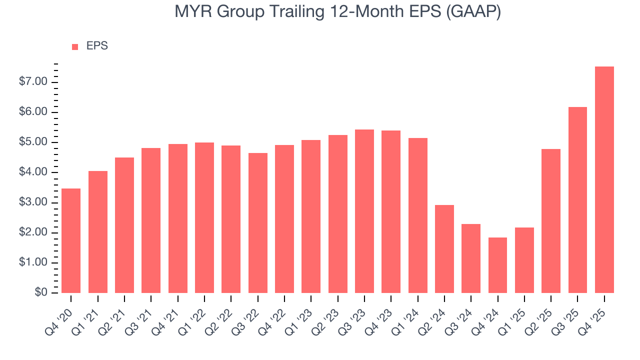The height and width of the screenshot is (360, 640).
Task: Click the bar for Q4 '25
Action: click(x=604, y=180)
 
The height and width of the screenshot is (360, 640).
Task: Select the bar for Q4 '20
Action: click(x=71, y=240)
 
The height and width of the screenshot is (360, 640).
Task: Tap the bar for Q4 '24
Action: click(x=497, y=265)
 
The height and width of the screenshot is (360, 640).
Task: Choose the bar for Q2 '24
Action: click(x=444, y=249)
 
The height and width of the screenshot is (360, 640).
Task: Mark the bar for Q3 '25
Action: click(x=577, y=200)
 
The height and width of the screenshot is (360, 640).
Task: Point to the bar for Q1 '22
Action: click(x=204, y=217)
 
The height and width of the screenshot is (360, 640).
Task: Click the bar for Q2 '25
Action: click(x=551, y=221)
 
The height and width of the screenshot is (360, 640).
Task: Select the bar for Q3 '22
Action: click(x=257, y=223)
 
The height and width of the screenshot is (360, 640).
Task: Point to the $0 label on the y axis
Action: click(x=40, y=292)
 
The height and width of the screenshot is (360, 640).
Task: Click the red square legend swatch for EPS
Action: click(x=75, y=46)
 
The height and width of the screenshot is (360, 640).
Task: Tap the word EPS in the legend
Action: click(x=97, y=46)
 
